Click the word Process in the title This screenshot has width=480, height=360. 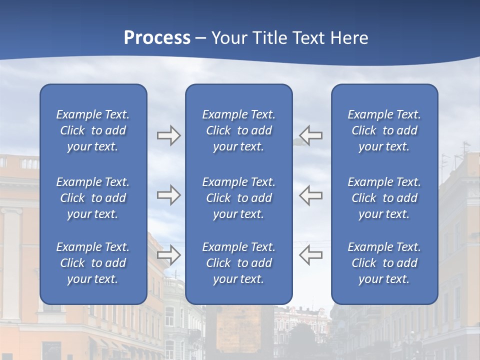(x=157, y=38)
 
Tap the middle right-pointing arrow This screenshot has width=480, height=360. (x=168, y=195)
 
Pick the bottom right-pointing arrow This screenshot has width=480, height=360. (x=168, y=254)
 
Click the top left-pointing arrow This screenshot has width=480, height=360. (x=310, y=135)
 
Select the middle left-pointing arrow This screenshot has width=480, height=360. (x=310, y=195)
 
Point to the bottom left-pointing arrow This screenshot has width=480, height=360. (x=310, y=254)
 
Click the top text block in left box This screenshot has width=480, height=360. (x=93, y=130)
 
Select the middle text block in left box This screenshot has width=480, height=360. (x=93, y=198)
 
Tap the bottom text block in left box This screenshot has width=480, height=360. (x=93, y=263)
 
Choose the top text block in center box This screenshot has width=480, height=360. (x=239, y=130)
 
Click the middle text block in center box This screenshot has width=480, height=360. (x=239, y=198)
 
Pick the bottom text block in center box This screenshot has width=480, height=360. (x=239, y=263)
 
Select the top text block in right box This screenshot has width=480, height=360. (x=384, y=130)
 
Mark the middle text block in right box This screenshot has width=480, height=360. (x=384, y=198)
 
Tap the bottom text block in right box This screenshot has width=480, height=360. (x=384, y=263)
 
